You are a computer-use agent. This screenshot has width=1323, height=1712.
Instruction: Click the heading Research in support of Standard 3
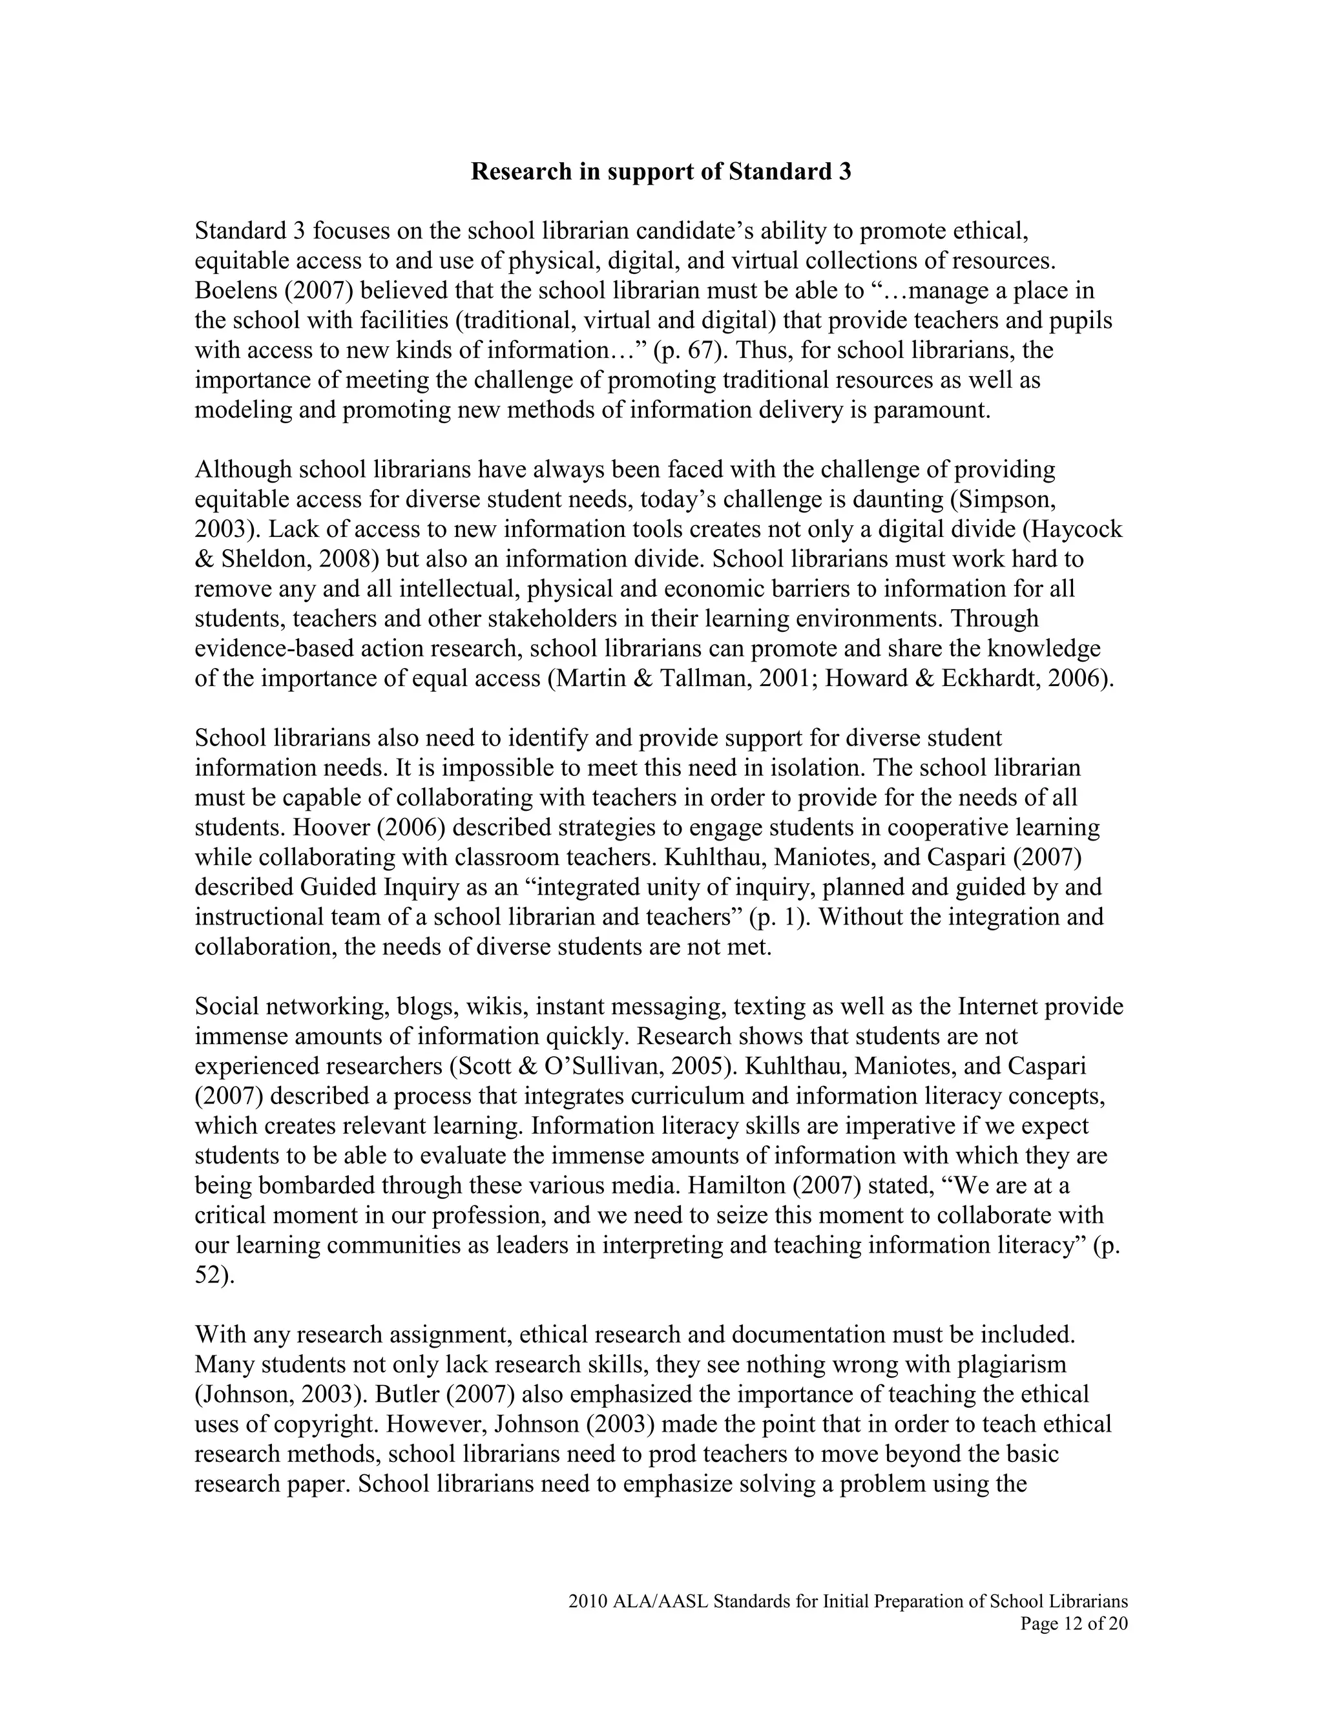coord(660,172)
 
